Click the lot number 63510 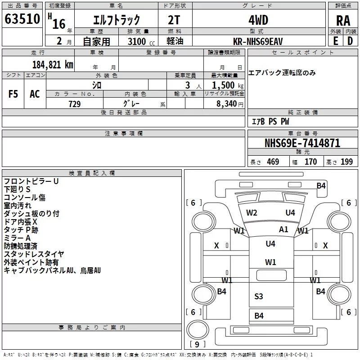pyautogui.click(x=22, y=18)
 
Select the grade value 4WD pyautogui.click(x=258, y=20)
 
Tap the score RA pyautogui.click(x=343, y=21)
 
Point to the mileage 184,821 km pyautogui.click(x=53, y=65)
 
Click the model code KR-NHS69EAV pyautogui.click(x=258, y=41)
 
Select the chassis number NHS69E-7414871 pyautogui.click(x=302, y=143)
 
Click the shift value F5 pyautogui.click(x=13, y=94)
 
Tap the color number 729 pyautogui.click(x=75, y=104)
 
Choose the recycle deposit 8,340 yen pyautogui.click(x=230, y=104)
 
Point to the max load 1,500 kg pyautogui.click(x=228, y=85)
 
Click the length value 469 pyautogui.click(x=273, y=162)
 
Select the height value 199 pyautogui.click(x=346, y=162)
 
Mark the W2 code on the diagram pyautogui.click(x=252, y=213)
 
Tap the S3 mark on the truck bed pyautogui.click(x=258, y=297)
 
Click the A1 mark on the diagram pyautogui.click(x=283, y=229)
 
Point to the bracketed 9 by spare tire pyautogui.click(x=197, y=344)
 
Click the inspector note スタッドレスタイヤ pyautogui.click(x=34, y=254)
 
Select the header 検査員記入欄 pyautogui.click(x=92, y=173)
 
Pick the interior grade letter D pyautogui.click(x=350, y=41)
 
